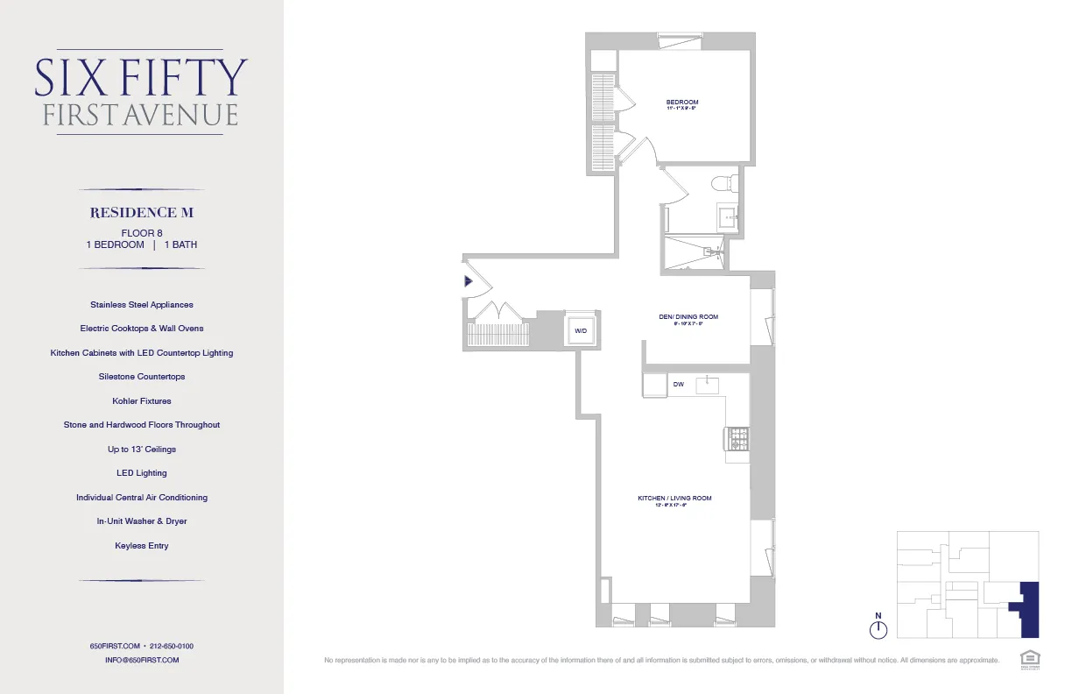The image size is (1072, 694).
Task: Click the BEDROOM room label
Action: coord(682,103)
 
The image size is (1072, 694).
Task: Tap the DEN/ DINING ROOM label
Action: coord(688,317)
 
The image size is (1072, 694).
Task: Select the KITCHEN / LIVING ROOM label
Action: coord(674,499)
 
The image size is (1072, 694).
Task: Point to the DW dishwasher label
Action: coord(678,385)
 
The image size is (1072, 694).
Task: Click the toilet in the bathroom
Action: coord(722,184)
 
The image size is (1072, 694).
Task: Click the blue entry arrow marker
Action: coord(469,282)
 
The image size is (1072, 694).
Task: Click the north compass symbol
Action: coord(878,628)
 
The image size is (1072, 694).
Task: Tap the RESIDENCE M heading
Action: coord(141,213)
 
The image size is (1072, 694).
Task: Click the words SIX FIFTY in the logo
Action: coord(141,78)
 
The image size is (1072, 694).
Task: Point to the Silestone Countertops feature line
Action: coord(142,377)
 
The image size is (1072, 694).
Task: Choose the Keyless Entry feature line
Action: coord(142,546)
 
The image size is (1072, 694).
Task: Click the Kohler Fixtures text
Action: coord(142,401)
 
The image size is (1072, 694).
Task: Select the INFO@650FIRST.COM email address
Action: coord(142,660)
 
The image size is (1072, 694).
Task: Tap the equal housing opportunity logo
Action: coord(1028,658)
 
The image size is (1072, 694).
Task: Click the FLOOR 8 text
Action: coord(142,232)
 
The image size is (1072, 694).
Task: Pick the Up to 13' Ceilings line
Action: coord(142,450)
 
